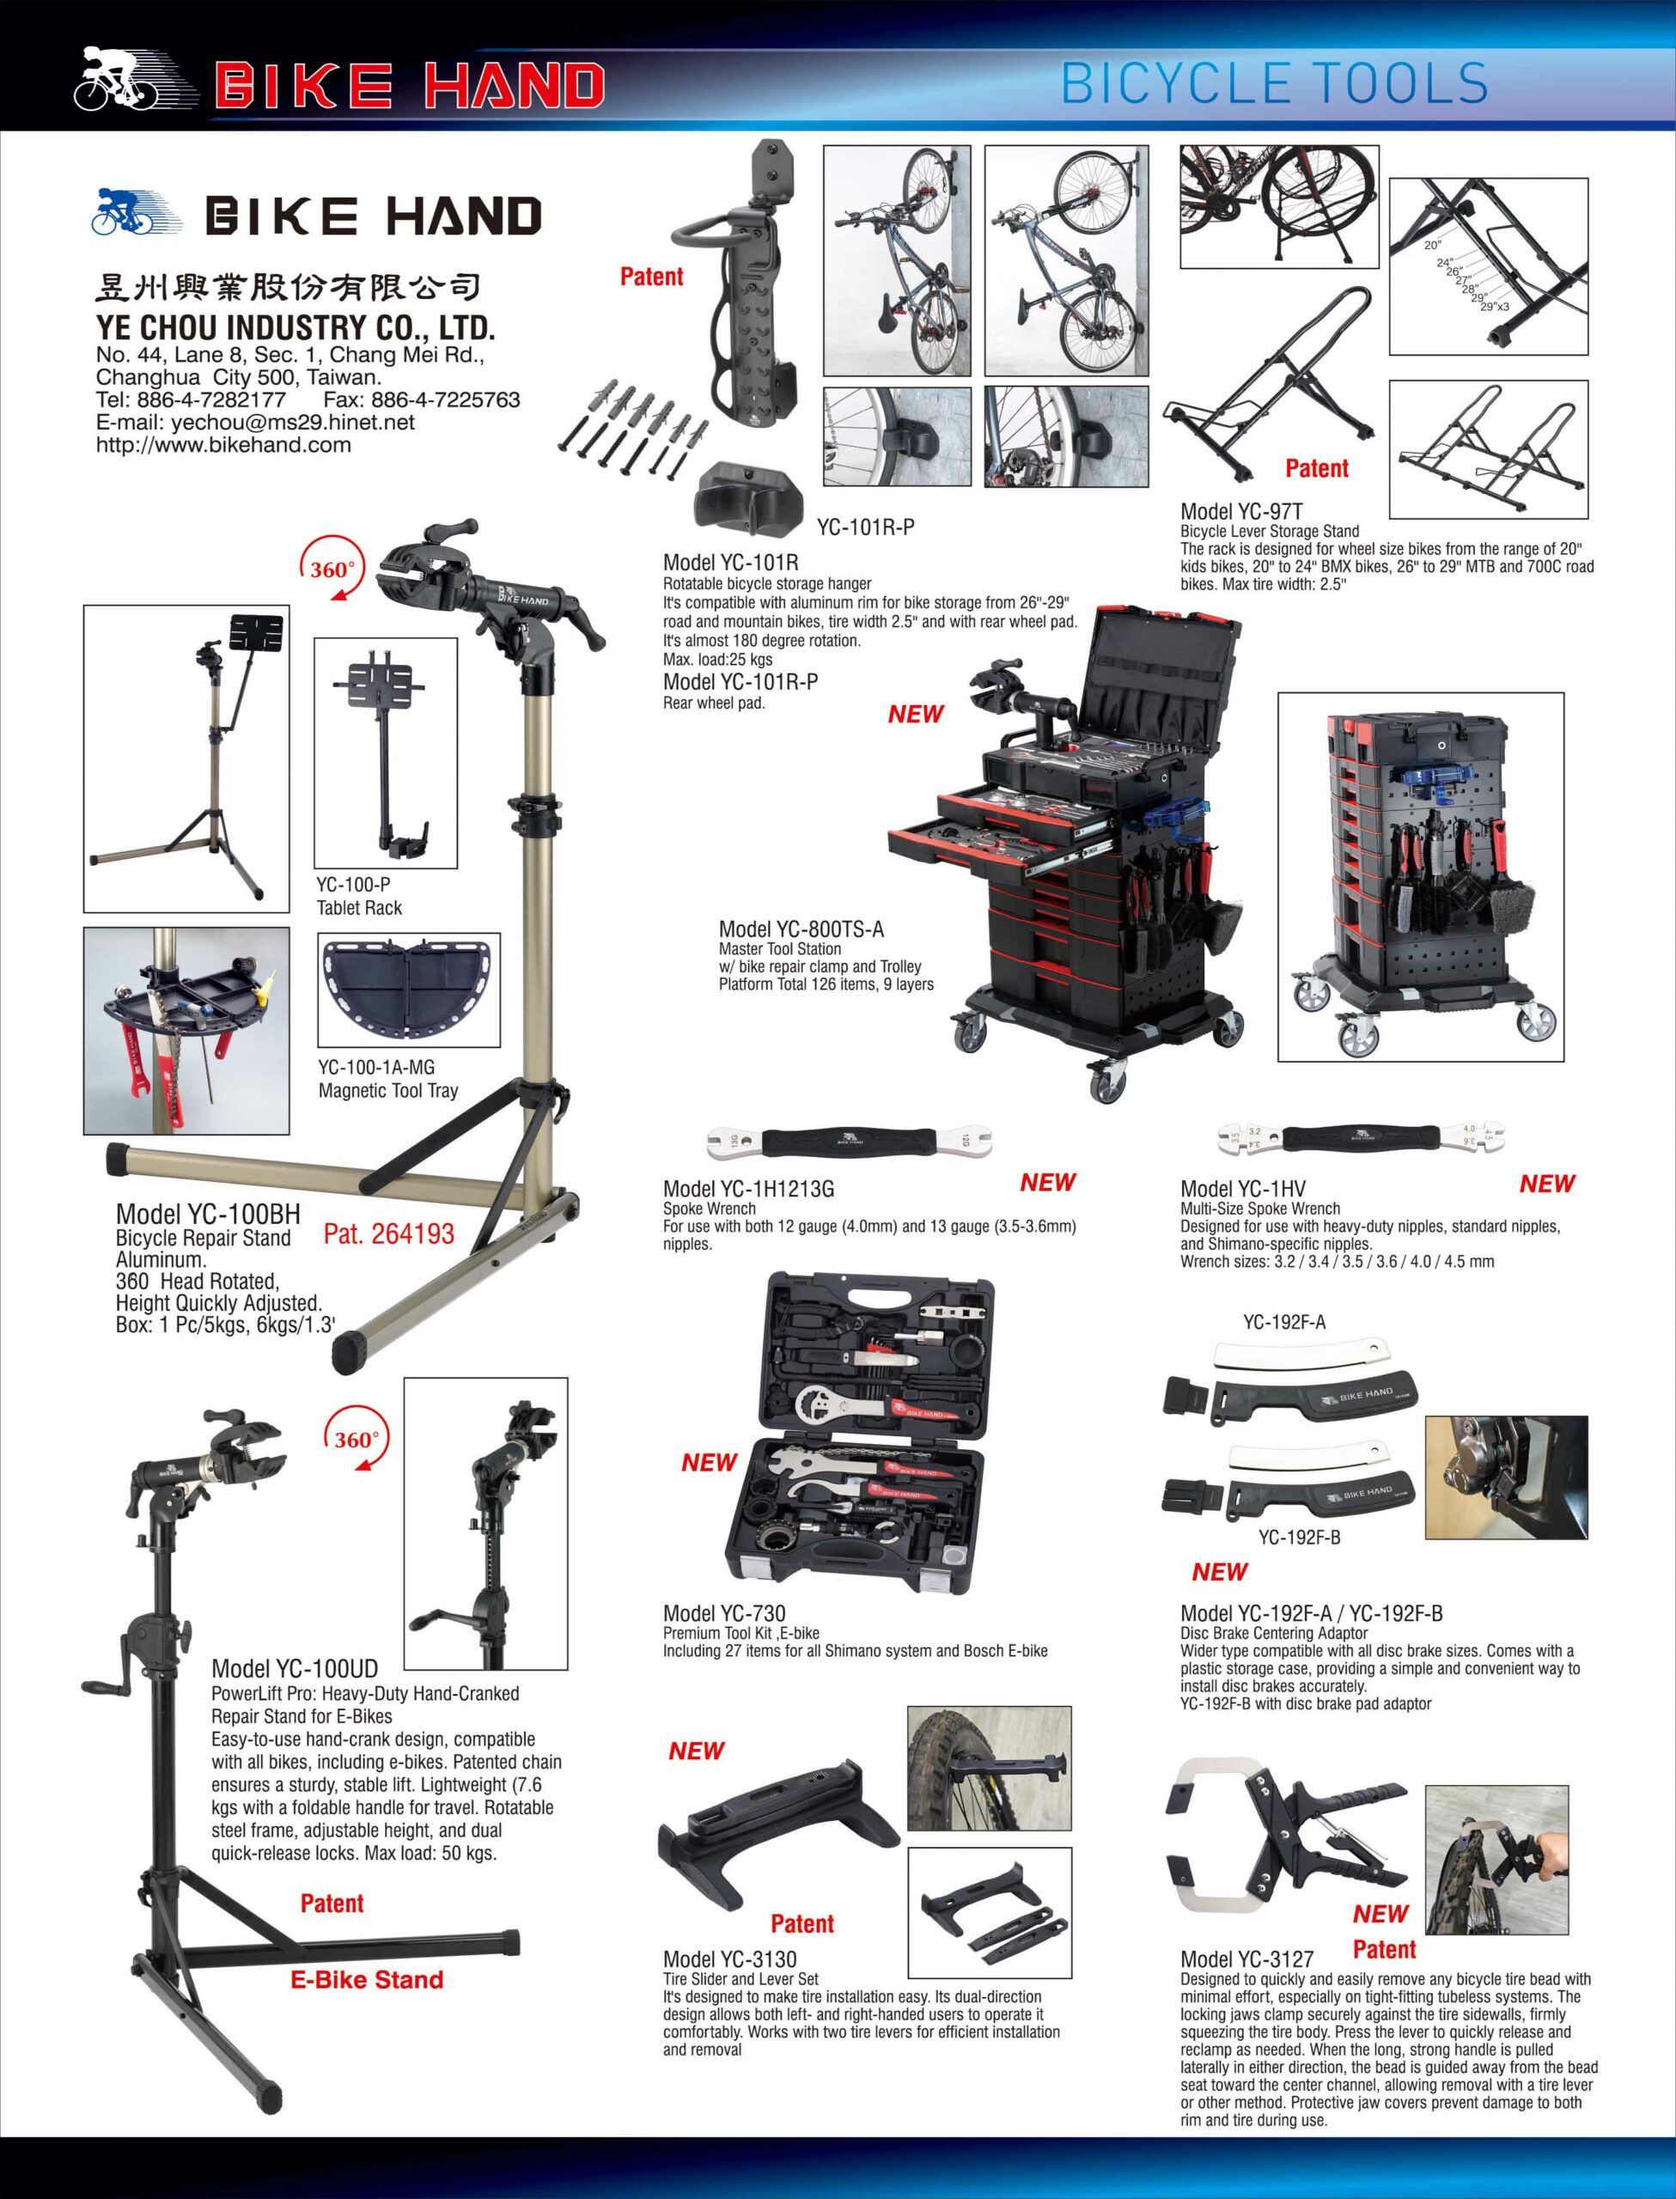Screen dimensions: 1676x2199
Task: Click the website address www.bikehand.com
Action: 223,446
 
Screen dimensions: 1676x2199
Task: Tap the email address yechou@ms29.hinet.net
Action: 292,422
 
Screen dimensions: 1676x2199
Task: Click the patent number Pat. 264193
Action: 389,1234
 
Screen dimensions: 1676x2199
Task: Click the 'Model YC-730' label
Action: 724,1612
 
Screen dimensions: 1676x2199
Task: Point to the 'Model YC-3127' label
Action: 1247,1958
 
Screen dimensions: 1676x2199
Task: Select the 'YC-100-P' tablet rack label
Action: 353,885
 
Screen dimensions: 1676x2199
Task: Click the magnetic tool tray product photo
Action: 409,990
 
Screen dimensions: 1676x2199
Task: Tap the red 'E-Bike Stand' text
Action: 367,1980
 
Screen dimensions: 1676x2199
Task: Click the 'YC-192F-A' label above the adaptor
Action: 1284,1322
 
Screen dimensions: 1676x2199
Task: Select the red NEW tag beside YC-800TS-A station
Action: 915,714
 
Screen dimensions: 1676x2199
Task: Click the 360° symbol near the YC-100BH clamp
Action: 332,570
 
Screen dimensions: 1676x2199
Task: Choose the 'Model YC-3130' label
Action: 730,1958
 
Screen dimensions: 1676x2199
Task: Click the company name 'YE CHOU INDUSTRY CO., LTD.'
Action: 296,327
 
